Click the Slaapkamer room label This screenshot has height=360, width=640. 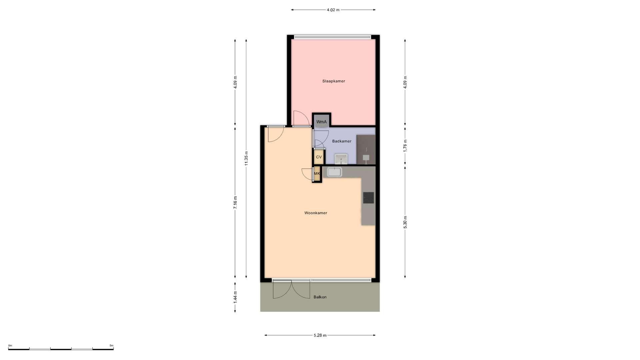[x=333, y=81]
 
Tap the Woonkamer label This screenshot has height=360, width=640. [x=316, y=213]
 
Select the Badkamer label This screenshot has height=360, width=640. [x=342, y=141]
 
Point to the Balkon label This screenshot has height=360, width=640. [x=320, y=297]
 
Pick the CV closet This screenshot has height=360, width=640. [x=319, y=157]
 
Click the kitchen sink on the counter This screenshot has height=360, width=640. [x=334, y=172]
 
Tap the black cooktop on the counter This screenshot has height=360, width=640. [x=368, y=198]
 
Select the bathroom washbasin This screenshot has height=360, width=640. [x=341, y=159]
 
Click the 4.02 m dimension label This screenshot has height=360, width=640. [x=333, y=10]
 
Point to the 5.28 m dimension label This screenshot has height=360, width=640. [x=320, y=335]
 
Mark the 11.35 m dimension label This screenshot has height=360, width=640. [x=246, y=158]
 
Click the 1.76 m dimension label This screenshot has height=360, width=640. [x=405, y=146]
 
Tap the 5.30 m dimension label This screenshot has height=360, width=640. [x=405, y=222]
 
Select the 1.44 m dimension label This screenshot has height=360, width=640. [x=235, y=297]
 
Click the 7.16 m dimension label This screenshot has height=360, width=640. [x=235, y=202]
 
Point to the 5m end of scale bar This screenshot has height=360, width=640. [x=113, y=349]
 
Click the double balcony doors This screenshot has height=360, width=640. [x=292, y=290]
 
